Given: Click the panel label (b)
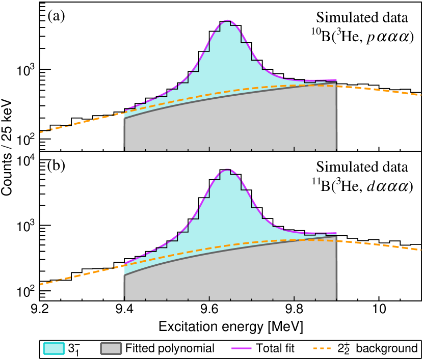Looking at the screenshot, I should pos(56,165).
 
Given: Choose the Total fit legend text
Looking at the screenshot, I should pos(275,348).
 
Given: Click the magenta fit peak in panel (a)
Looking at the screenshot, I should pos(228,21).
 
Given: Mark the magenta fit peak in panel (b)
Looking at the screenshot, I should pos(228,170).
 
